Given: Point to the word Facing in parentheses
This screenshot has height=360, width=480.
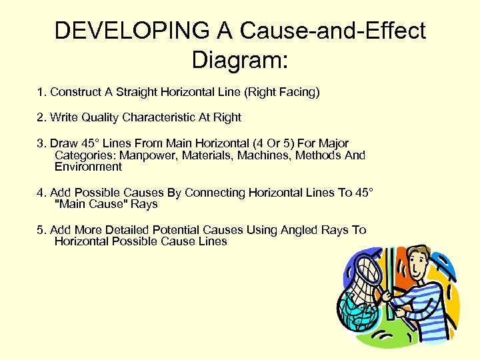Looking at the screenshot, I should pyautogui.click(x=298, y=92).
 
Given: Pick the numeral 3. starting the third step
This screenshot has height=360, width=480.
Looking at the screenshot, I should pyautogui.click(x=41, y=143).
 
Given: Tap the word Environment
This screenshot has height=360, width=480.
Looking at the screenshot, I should pyautogui.click(x=88, y=167).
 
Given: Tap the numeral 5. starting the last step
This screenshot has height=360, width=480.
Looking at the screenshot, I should pyautogui.click(x=41, y=230).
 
